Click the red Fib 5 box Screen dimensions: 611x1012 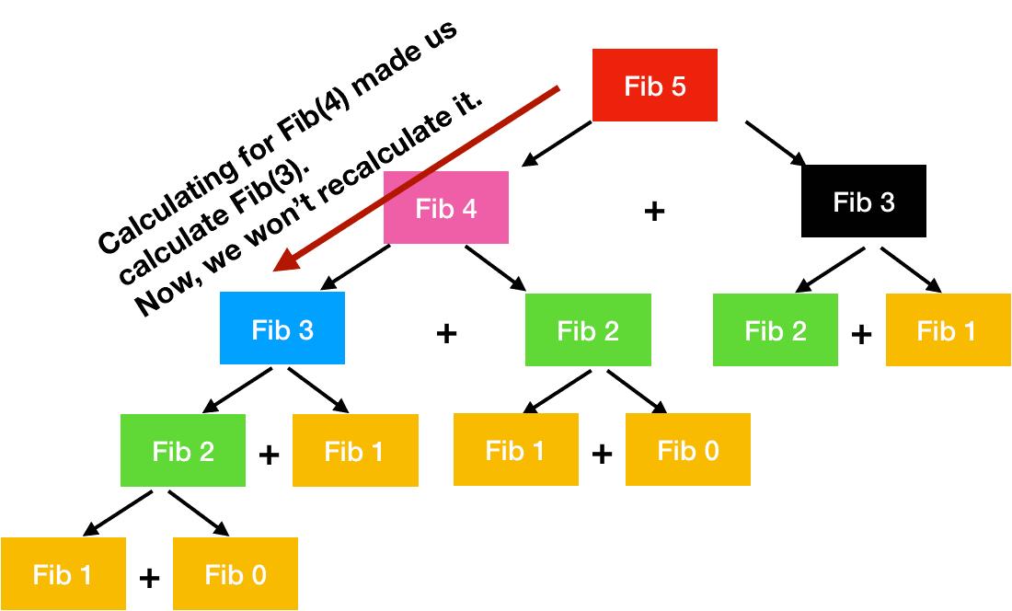click(x=654, y=86)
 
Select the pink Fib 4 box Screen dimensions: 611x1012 click(x=446, y=208)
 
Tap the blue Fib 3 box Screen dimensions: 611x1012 click(x=282, y=329)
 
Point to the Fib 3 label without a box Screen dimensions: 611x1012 click(x=864, y=202)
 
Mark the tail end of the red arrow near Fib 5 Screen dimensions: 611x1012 click(x=557, y=88)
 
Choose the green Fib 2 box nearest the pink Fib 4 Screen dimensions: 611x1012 click(x=588, y=330)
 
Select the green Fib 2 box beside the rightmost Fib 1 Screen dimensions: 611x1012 click(x=776, y=330)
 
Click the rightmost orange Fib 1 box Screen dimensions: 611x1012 click(x=948, y=330)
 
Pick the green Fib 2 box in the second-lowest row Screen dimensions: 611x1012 click(x=183, y=451)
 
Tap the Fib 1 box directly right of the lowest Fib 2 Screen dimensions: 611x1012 click(x=355, y=451)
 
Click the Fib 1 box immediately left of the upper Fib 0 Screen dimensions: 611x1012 click(x=516, y=450)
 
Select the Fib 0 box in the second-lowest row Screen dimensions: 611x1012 click(x=688, y=450)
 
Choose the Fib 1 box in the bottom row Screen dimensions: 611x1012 click(x=63, y=574)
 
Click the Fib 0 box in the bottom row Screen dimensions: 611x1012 click(x=236, y=574)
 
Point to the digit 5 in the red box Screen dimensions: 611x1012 click(x=678, y=86)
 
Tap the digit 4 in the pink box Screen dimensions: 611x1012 click(x=469, y=209)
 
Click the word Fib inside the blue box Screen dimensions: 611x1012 click(x=270, y=329)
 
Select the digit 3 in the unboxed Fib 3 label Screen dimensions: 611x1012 click(x=887, y=202)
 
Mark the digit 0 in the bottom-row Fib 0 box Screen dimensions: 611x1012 click(x=259, y=575)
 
